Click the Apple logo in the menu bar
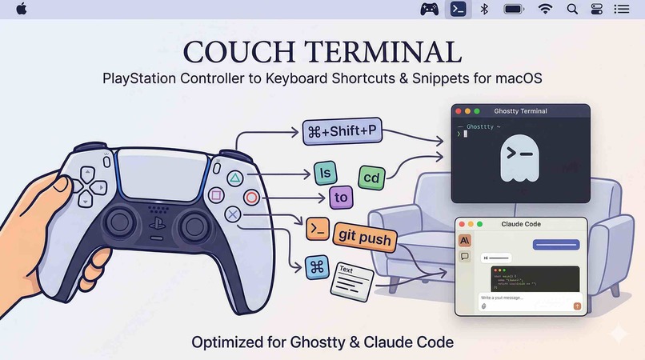(x=22, y=9)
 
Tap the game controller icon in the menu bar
(x=430, y=9)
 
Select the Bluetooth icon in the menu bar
(x=484, y=9)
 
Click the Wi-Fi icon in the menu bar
(x=546, y=9)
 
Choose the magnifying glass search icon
(x=572, y=9)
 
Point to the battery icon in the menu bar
(x=514, y=9)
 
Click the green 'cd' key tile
(x=371, y=177)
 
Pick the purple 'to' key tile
(x=342, y=197)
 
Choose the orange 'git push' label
(x=364, y=237)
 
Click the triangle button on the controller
(x=235, y=178)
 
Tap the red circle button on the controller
(x=251, y=197)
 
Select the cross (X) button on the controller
(x=233, y=214)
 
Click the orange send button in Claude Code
(x=577, y=305)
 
